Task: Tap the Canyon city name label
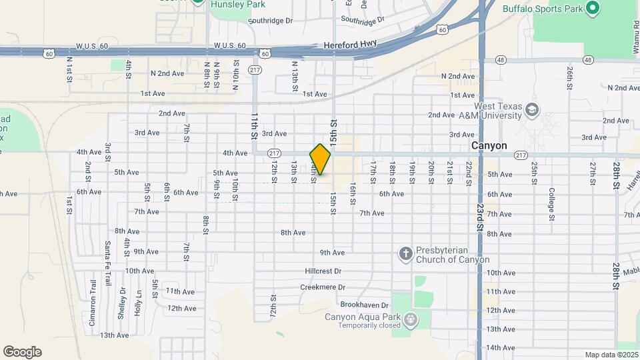pyautogui.click(x=489, y=145)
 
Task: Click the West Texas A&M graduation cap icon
pyautogui.click(x=531, y=109)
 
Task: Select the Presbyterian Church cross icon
pyautogui.click(x=405, y=253)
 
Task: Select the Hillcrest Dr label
pyautogui.click(x=323, y=271)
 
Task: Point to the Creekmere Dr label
pyautogui.click(x=323, y=287)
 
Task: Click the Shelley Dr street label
pyautogui.click(x=123, y=301)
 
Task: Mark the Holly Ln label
pyautogui.click(x=139, y=303)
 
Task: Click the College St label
pyautogui.click(x=551, y=204)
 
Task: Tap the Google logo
pyautogui.click(x=22, y=352)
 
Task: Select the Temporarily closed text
pyautogui.click(x=369, y=325)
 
